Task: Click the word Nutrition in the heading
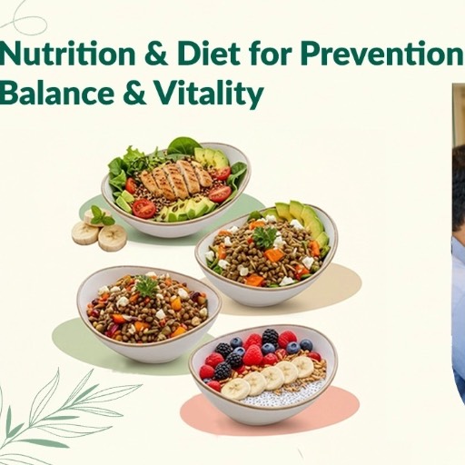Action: pos(55,57)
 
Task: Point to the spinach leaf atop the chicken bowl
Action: pos(184,145)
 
